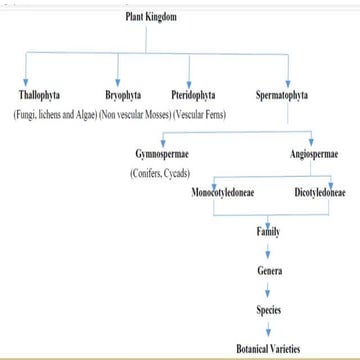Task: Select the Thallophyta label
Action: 39,96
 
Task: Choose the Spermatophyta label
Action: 282,96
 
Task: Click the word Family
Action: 267,231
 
